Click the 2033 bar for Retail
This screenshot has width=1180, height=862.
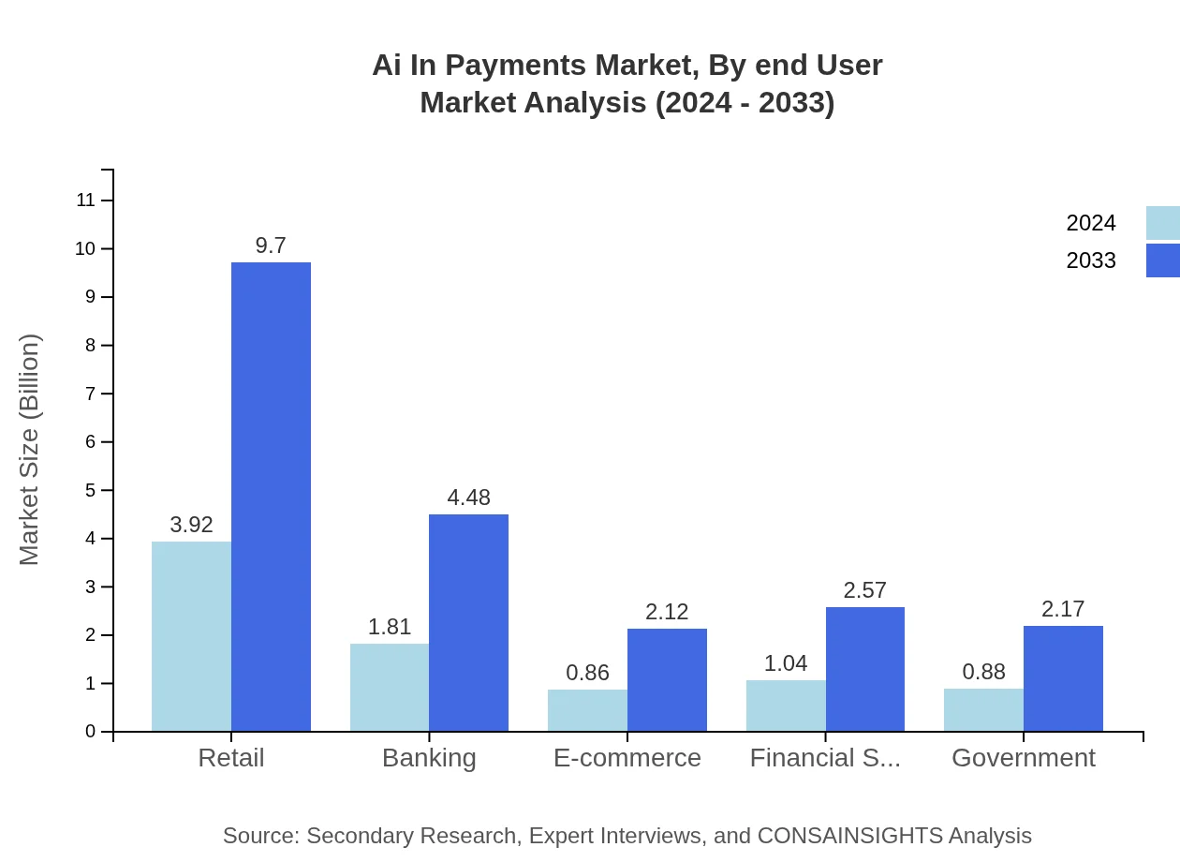271,497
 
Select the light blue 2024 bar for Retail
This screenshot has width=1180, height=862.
191,636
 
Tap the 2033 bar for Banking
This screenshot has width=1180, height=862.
468,622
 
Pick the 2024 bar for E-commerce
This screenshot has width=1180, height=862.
587,710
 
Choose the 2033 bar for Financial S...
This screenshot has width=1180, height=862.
865,669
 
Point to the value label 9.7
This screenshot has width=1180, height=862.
271,245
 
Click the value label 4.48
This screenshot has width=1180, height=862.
468,498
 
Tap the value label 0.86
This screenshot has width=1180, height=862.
587,673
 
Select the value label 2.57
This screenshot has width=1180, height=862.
864,590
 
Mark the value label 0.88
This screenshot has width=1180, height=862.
983,672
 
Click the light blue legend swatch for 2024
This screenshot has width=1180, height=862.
1162,223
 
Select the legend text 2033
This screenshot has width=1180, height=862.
1091,260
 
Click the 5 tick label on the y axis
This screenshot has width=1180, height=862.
91,490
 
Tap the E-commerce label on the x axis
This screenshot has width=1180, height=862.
627,758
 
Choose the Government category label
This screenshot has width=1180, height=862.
1023,758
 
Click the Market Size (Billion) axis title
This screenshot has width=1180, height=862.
30,450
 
